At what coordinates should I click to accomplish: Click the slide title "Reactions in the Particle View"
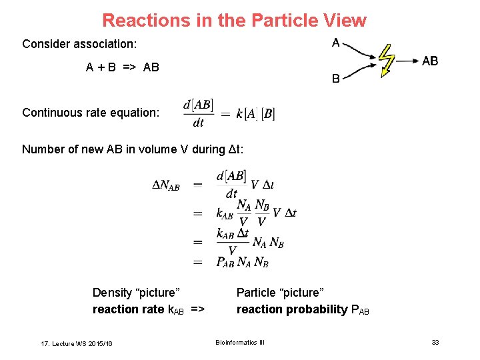tap(234, 20)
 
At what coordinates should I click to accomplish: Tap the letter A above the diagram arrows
tap(335, 43)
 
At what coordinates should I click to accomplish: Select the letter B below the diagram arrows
tap(336, 79)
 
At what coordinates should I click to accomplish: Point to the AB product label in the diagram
tap(430, 61)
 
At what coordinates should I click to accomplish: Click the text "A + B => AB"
tap(122, 67)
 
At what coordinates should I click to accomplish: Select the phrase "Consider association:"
tap(79, 44)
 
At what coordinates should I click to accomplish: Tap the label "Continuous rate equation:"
tap(91, 113)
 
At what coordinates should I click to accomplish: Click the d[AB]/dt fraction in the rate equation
tap(198, 113)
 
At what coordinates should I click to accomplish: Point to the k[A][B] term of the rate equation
tap(256, 114)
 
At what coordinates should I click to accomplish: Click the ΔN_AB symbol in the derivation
tap(166, 185)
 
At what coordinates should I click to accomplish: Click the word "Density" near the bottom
tap(112, 293)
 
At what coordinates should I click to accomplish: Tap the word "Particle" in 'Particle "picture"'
tap(257, 293)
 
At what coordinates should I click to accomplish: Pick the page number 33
tap(435, 343)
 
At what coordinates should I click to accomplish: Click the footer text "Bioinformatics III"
tap(240, 343)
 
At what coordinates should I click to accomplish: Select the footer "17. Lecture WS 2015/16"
tap(77, 343)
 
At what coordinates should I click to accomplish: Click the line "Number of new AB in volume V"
tap(133, 149)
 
